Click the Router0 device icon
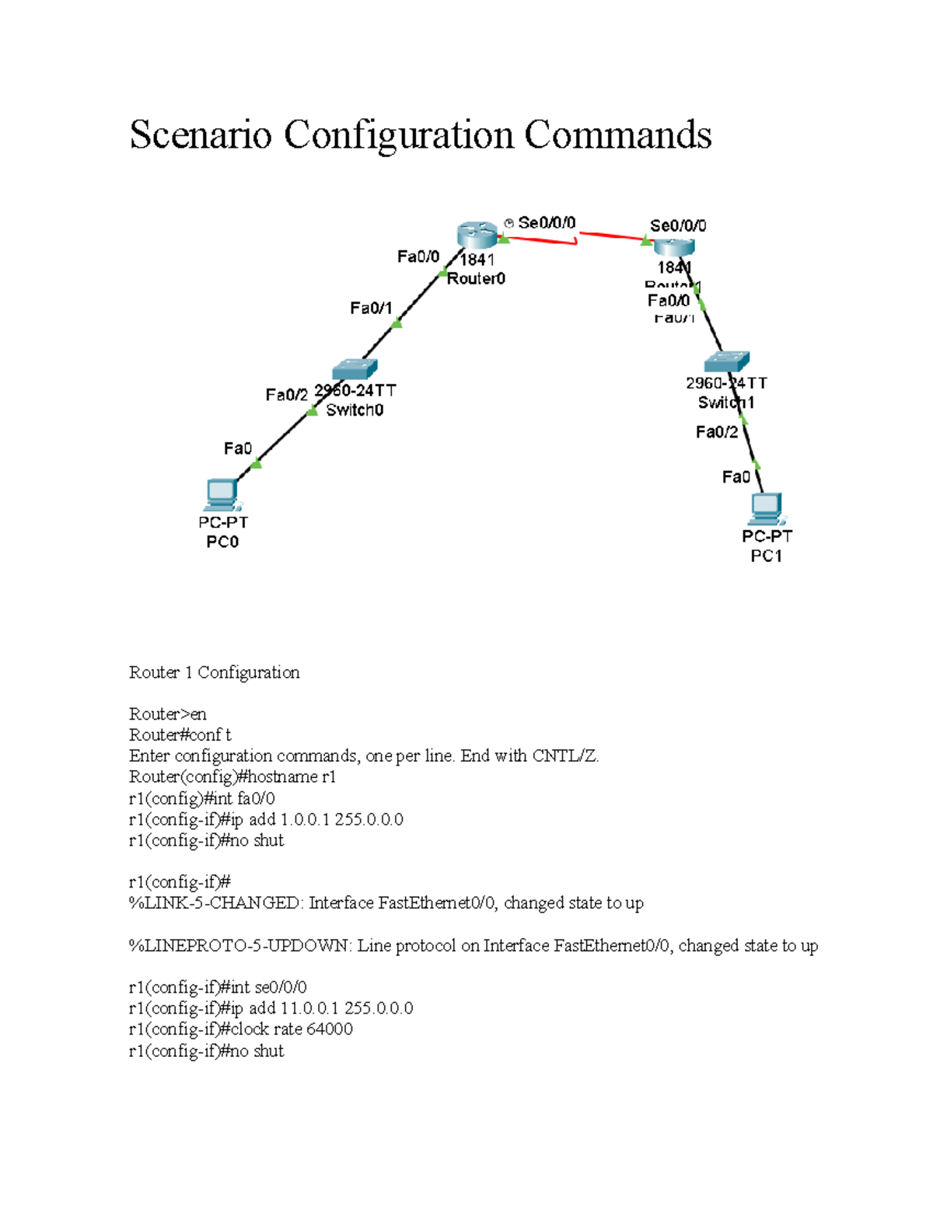point(477,234)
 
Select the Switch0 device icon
point(355,368)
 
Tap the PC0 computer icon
point(222,495)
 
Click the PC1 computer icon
point(767,508)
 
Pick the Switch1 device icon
point(726,361)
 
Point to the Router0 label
point(476,278)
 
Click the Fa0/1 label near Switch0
point(371,309)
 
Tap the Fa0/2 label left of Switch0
point(286,395)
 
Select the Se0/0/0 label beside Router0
point(547,223)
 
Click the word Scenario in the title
point(201,134)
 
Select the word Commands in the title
point(617,134)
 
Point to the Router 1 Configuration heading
point(214,672)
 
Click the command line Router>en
point(167,713)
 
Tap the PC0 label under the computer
point(222,542)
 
